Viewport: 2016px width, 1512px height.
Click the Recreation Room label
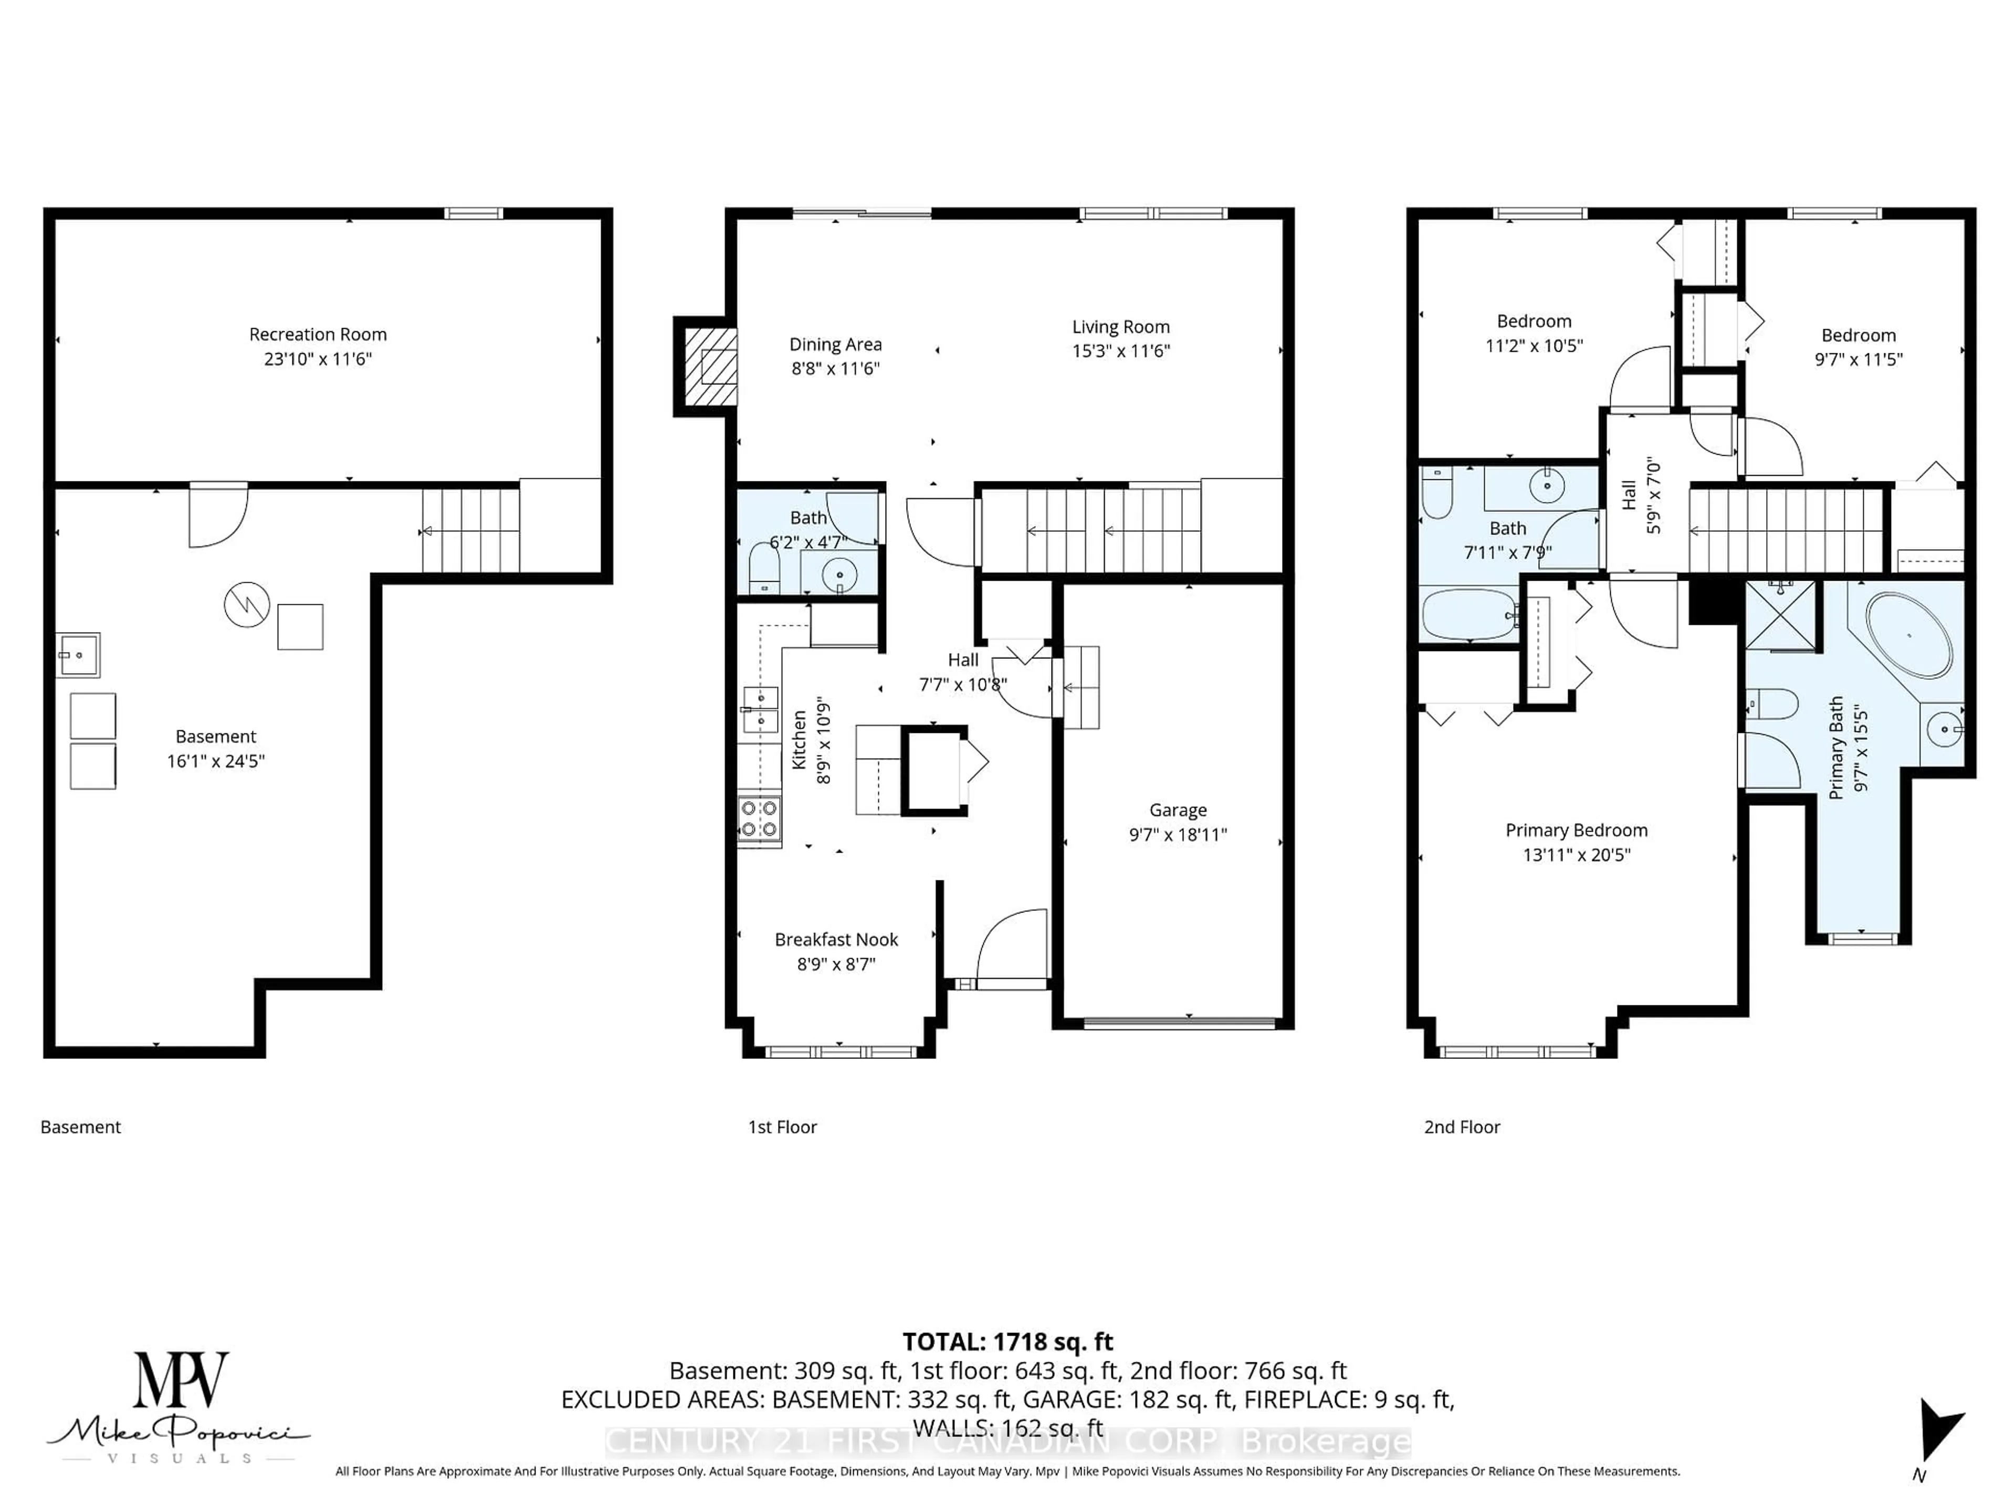click(318, 334)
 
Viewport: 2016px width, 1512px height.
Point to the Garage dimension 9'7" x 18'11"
click(1178, 834)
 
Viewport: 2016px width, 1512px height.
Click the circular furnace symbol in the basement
click(247, 604)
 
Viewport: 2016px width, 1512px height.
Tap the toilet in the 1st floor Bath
click(764, 568)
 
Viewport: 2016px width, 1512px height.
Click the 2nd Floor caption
click(1461, 1127)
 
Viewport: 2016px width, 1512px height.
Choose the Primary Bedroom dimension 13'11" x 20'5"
click(1576, 855)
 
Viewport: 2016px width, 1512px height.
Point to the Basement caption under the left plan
click(80, 1127)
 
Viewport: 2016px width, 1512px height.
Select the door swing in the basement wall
click(217, 517)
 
